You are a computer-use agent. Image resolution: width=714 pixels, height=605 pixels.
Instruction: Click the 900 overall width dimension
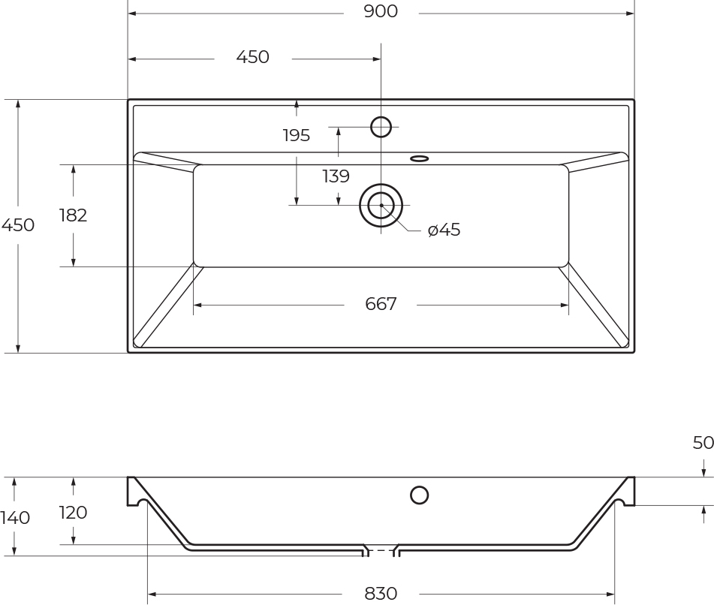click(381, 11)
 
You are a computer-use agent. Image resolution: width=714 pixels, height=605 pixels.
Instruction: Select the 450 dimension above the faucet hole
click(253, 57)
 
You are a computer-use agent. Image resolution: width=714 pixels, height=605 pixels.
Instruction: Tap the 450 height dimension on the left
click(18, 225)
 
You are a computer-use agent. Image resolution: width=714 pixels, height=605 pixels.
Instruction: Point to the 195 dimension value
click(296, 135)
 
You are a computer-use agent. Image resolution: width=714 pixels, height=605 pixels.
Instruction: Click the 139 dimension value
click(336, 176)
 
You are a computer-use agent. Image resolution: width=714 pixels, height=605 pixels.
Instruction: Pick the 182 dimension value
click(74, 215)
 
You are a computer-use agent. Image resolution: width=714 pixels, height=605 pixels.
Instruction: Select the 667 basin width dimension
click(381, 304)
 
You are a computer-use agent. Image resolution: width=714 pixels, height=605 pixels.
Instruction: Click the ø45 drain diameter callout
click(444, 230)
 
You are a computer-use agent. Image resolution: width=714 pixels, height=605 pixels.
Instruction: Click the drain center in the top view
click(381, 206)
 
